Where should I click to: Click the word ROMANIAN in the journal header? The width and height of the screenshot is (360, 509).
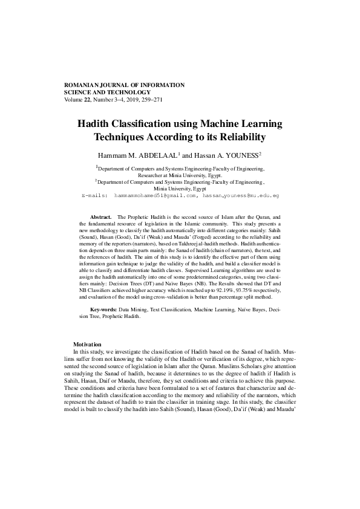[x=83, y=85]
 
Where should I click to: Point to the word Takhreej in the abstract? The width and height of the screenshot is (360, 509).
[x=221, y=244]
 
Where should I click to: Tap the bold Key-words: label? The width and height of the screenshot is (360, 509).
[x=103, y=309]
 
